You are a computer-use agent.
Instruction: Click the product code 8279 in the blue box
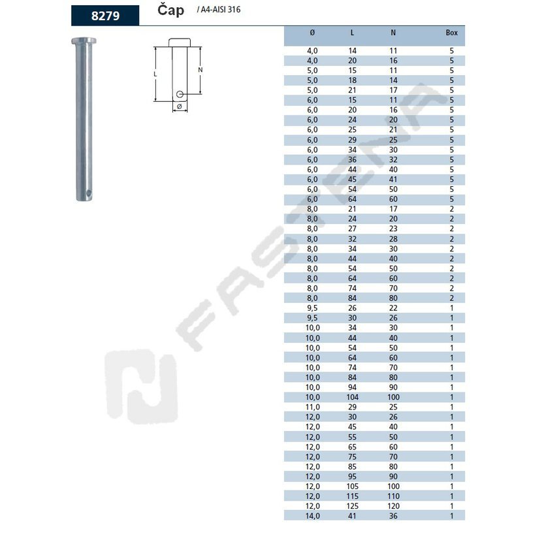point(105,16)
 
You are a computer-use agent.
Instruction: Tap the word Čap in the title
point(170,10)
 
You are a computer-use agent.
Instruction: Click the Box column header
point(451,33)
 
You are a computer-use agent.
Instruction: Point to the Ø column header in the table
point(312,33)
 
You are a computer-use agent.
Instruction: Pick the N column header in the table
point(393,33)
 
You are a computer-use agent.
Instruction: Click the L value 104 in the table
point(352,397)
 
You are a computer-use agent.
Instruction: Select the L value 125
point(352,506)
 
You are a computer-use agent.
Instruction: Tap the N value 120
point(393,506)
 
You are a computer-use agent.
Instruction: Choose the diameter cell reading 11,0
point(313,407)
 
